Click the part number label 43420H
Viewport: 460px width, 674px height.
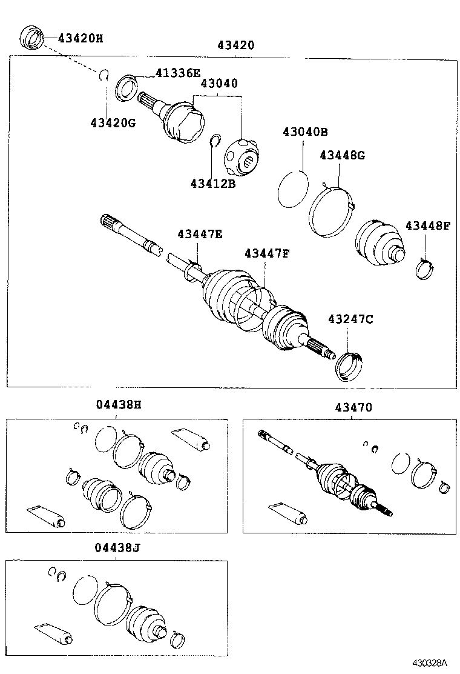[x=80, y=38]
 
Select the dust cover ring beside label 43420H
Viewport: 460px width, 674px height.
[x=32, y=38]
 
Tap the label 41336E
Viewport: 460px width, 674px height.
[x=177, y=73]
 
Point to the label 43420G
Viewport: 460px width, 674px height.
[x=113, y=123]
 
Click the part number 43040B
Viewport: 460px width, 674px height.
[x=304, y=132]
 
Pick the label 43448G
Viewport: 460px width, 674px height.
[x=342, y=155]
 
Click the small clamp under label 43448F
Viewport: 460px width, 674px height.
[x=425, y=267]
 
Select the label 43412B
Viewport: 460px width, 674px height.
[x=212, y=183]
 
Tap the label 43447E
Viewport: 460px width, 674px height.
[x=200, y=234]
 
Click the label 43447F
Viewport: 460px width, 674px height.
[x=267, y=253]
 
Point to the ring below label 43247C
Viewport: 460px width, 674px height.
[x=349, y=366]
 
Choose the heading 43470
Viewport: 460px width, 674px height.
[x=354, y=408]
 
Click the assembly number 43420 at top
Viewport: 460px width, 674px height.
[x=236, y=45]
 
